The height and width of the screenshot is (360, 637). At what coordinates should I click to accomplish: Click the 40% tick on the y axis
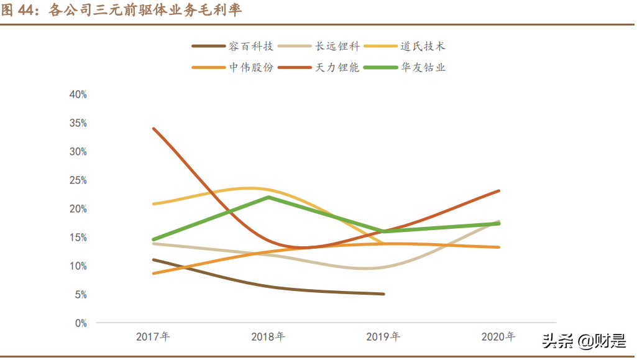78,95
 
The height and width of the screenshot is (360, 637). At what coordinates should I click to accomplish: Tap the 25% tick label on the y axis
78,180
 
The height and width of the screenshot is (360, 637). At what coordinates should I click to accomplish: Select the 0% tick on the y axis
80,323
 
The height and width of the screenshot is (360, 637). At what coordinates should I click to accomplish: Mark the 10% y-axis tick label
78,266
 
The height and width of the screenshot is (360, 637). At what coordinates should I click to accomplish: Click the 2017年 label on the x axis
153,337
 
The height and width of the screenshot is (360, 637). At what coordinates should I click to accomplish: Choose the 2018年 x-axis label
268,337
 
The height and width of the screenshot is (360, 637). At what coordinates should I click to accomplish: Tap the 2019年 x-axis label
383,337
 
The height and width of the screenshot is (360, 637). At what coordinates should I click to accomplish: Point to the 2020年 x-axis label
498,337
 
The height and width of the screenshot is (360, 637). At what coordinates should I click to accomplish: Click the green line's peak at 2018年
268,197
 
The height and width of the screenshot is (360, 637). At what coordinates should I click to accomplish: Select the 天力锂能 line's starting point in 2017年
154,129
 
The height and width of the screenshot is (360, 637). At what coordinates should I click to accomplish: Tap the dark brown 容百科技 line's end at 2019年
383,294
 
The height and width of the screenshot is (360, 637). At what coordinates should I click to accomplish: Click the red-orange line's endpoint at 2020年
498,191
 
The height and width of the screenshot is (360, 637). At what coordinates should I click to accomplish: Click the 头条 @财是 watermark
584,341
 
